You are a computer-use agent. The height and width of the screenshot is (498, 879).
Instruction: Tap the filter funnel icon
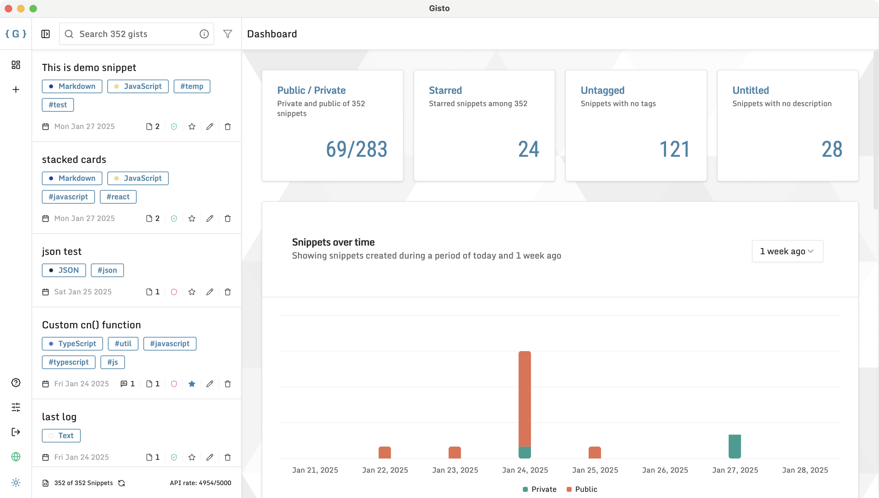coord(227,34)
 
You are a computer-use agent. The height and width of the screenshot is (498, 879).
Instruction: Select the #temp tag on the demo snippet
coord(192,86)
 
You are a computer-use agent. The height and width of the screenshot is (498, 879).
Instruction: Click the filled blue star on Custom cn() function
coord(192,384)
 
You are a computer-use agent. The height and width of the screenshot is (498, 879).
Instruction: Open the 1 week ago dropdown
coord(787,251)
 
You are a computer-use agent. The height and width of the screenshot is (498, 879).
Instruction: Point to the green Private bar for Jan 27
coord(734,446)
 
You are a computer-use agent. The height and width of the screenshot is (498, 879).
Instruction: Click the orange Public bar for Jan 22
coord(384,452)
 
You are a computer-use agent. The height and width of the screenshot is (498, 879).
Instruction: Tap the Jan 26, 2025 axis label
coord(665,470)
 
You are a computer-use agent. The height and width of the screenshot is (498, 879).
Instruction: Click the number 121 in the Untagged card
coord(674,149)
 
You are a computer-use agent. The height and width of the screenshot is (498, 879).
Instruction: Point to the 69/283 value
coord(356,149)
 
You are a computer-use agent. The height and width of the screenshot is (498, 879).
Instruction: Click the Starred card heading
coord(445,90)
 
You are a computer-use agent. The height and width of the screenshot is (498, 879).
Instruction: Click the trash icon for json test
coord(227,292)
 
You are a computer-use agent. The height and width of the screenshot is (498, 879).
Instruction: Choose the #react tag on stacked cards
coord(118,197)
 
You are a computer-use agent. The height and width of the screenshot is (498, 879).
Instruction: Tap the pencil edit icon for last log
coord(209,457)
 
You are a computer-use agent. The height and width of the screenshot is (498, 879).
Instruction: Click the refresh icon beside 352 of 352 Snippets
coord(121,483)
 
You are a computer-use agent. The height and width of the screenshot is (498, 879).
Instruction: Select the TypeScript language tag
coord(72,344)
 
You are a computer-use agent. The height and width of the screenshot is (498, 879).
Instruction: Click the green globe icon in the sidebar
coord(16,457)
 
